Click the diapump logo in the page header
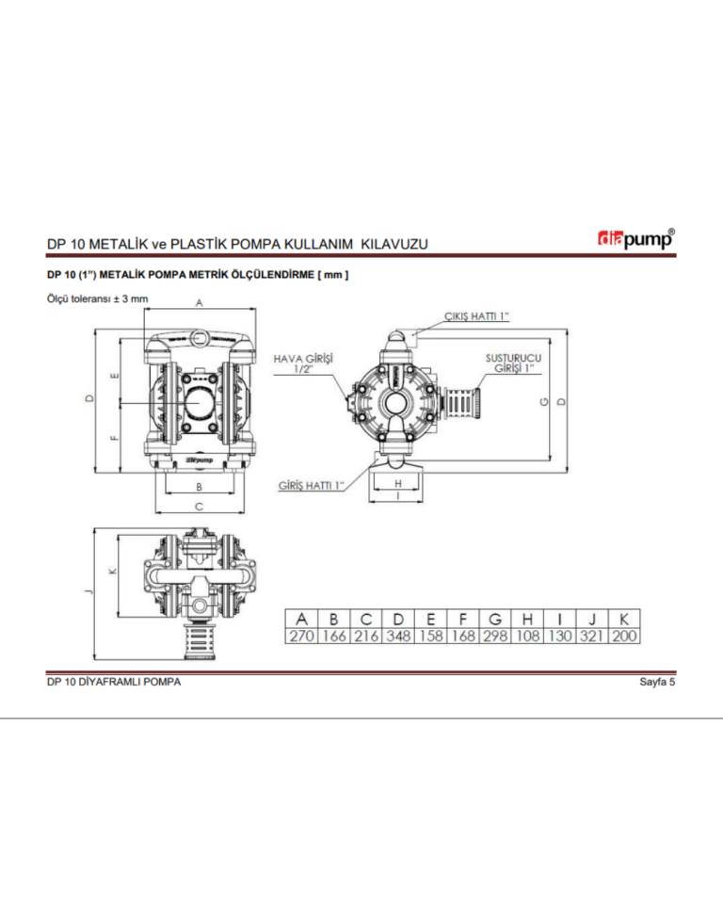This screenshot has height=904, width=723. tap(637, 240)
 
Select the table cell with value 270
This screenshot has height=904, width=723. tap(301, 637)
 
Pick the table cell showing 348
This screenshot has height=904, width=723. tap(399, 637)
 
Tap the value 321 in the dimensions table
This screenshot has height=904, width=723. tap(592, 637)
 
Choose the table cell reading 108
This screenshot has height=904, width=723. tap(528, 637)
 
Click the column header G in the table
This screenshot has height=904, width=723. tap(495, 619)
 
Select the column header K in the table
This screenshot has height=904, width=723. tap(624, 619)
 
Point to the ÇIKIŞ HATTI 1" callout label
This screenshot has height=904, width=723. tap(476, 316)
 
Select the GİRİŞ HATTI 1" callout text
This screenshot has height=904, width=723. tap(312, 485)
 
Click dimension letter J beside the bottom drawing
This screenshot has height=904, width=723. tap(88, 590)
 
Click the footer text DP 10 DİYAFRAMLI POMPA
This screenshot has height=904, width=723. tap(114, 683)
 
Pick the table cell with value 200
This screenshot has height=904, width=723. tap(624, 637)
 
